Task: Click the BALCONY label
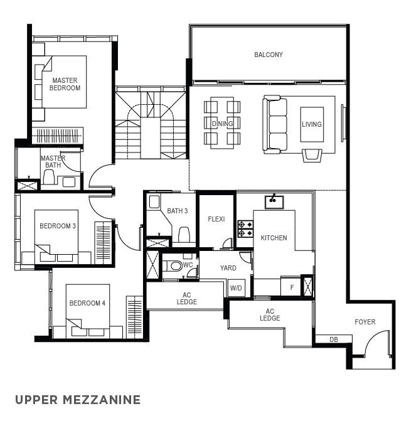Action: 268,55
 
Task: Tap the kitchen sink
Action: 274,202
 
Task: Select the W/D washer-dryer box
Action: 236,288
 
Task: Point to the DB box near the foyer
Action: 333,339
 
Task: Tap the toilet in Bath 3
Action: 184,235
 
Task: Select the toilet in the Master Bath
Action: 49,177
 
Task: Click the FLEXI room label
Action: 216,219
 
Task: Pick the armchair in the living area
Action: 312,156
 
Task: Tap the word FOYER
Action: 365,322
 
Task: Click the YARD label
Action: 228,268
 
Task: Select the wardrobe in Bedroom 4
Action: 134,317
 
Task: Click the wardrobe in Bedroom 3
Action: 103,243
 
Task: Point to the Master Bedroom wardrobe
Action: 58,136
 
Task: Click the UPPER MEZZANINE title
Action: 78,400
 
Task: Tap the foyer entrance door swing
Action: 376,343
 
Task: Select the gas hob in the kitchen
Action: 245,229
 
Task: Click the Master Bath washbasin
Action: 69,182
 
